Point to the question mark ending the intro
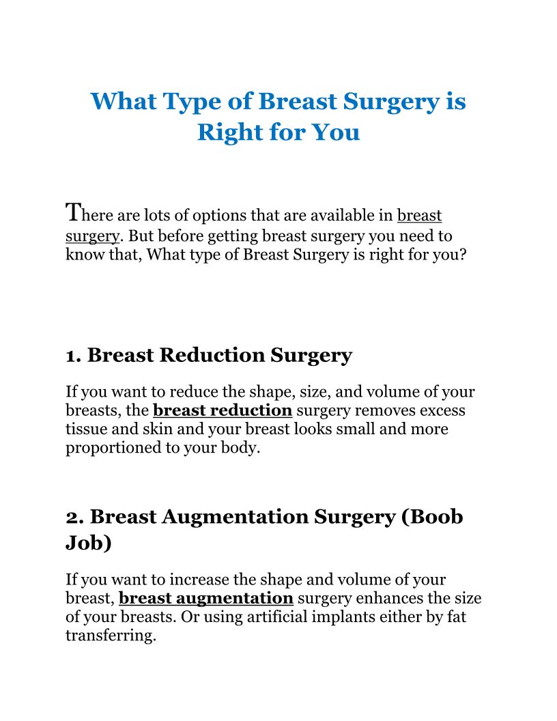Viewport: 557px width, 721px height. (462, 254)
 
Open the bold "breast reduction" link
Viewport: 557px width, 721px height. (223, 410)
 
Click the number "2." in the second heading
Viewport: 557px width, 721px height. (75, 518)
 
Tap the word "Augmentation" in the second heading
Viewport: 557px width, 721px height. (235, 517)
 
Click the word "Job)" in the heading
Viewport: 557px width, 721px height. (89, 543)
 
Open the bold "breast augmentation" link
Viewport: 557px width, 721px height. (206, 598)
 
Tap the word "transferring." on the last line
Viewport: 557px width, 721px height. (111, 636)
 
